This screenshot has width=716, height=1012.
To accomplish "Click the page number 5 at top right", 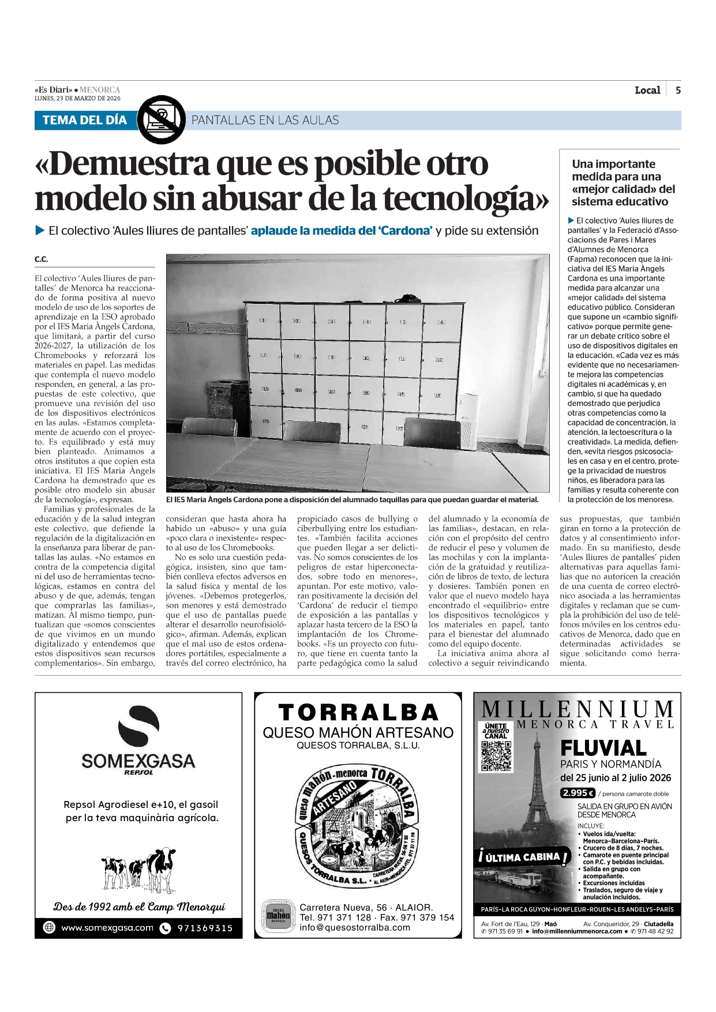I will click(x=678, y=90).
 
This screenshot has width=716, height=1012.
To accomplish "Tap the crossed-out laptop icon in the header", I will click(x=162, y=120).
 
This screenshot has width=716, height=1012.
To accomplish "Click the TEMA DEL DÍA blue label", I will click(x=84, y=120).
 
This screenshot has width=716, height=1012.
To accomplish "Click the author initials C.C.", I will click(x=41, y=259).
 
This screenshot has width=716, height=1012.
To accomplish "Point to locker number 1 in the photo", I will click(x=263, y=320).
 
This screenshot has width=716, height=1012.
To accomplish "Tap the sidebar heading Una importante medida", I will click(x=623, y=183).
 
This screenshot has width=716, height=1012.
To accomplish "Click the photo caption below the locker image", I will click(x=352, y=500).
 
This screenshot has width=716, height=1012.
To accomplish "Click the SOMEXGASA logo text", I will click(x=138, y=761).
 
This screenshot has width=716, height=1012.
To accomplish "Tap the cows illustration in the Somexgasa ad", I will click(x=138, y=868).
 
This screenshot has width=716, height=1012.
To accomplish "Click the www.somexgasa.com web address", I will click(x=107, y=928).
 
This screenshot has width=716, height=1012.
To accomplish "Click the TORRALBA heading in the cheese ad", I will click(x=358, y=713).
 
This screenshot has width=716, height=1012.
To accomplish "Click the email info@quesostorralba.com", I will click(x=355, y=927).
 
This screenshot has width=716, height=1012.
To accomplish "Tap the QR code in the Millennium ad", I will click(x=496, y=756).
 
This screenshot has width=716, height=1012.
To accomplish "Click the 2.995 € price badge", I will click(x=578, y=793).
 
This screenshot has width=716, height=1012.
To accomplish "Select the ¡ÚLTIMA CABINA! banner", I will click(x=523, y=857).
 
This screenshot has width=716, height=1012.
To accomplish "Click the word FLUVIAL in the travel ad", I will click(x=603, y=748).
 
